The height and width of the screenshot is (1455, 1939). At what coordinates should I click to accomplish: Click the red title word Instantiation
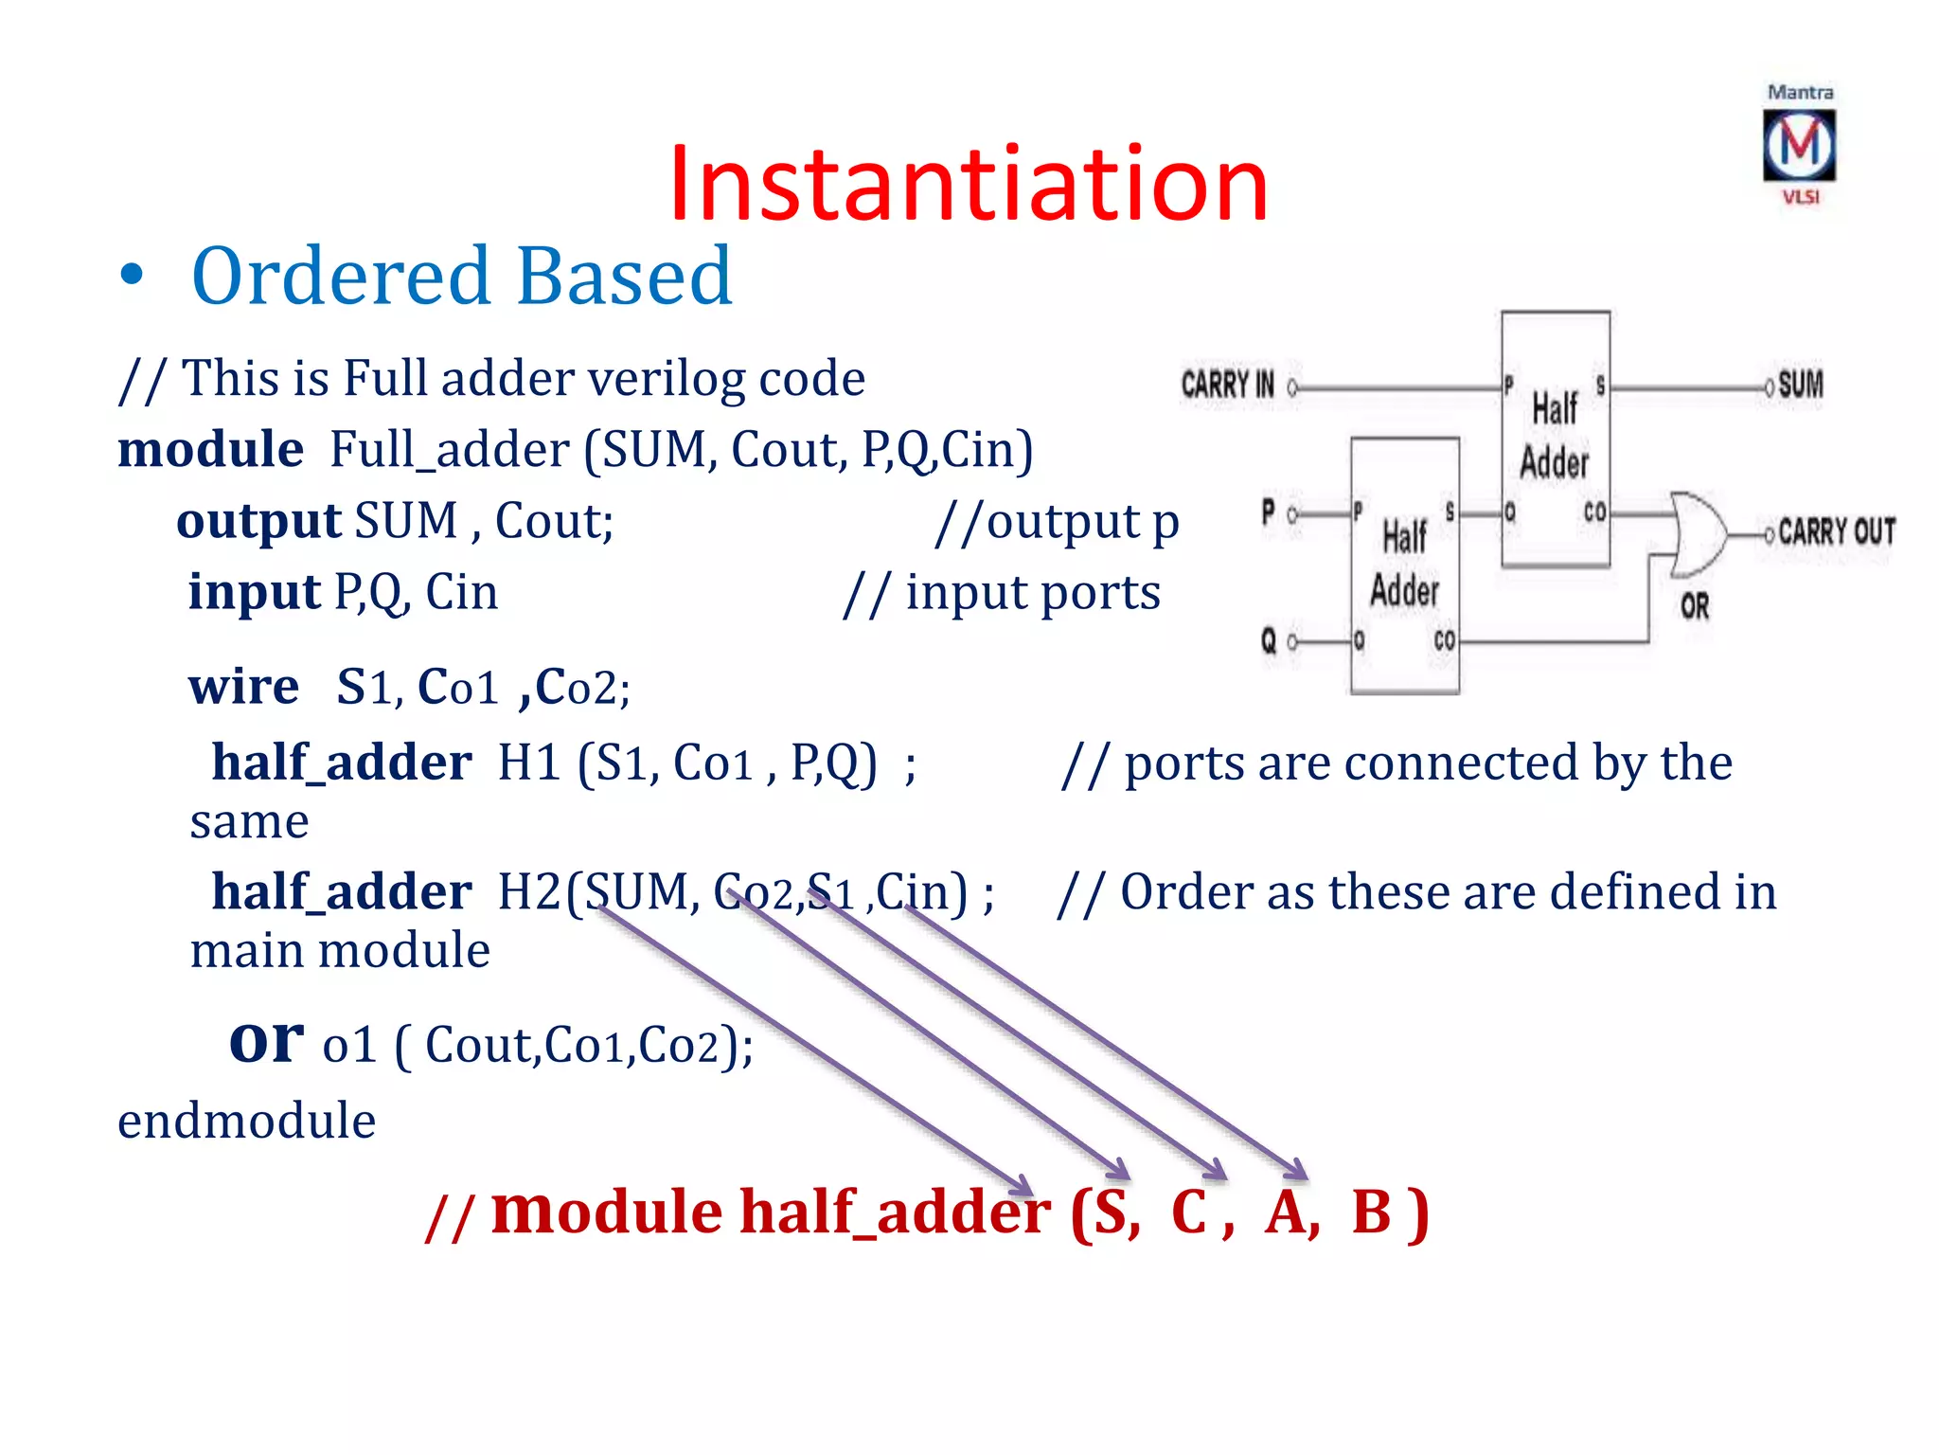(x=968, y=184)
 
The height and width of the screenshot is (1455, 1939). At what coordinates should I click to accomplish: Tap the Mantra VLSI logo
(x=1799, y=145)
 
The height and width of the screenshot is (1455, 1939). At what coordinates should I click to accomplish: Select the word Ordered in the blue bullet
(x=341, y=276)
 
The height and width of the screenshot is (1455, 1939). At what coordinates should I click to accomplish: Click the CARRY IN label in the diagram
(x=1227, y=385)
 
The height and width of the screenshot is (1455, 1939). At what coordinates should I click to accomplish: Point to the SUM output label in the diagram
(x=1801, y=385)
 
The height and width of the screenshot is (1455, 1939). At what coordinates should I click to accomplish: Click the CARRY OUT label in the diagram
(x=1837, y=531)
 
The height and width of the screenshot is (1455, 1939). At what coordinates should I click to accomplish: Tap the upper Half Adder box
(x=1555, y=438)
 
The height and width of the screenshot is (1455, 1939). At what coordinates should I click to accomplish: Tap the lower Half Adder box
(x=1404, y=566)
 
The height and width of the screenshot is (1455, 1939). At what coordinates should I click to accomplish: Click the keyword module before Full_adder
(x=210, y=449)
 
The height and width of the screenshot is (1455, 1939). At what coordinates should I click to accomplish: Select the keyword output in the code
(x=258, y=521)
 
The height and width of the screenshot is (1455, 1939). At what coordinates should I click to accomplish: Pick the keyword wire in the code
(x=243, y=686)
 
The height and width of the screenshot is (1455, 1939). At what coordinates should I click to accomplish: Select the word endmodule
(x=246, y=1121)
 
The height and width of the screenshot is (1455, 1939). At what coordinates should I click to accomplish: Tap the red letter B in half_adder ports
(x=1371, y=1212)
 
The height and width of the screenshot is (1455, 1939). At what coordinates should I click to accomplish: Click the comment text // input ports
(x=1002, y=594)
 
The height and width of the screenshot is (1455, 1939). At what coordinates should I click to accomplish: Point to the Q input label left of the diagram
(x=1269, y=641)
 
